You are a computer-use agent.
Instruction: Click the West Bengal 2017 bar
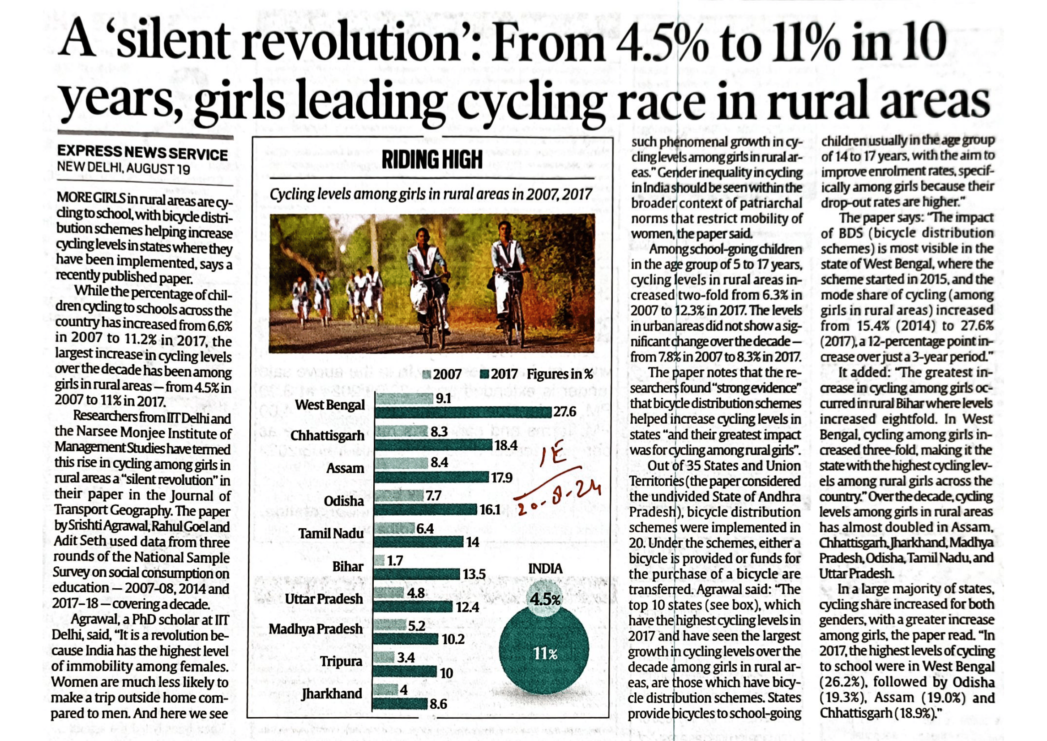tap(463, 413)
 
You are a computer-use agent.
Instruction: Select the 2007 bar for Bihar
tap(380, 560)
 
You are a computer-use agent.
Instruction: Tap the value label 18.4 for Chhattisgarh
tap(506, 445)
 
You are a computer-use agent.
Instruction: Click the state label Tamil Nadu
tap(331, 534)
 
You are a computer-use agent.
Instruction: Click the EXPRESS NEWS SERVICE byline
tap(143, 154)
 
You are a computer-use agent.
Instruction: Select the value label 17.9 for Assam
tap(502, 478)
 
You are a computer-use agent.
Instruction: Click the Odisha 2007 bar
tap(398, 495)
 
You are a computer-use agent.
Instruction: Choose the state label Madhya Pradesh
tap(316, 629)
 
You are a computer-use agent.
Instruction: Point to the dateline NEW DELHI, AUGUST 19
tap(123, 168)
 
